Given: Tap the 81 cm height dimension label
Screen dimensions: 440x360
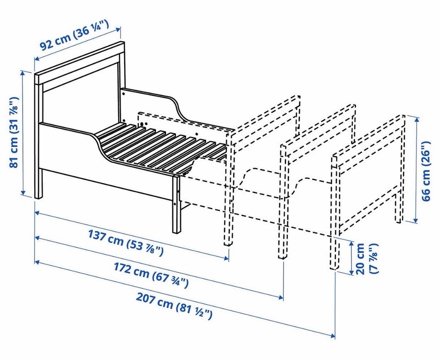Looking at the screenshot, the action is (x=14, y=132).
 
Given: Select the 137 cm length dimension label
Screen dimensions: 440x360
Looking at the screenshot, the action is (x=126, y=243).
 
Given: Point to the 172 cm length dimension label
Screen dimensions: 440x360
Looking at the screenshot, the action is (x=151, y=276).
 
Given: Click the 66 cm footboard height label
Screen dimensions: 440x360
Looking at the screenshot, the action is (x=426, y=171).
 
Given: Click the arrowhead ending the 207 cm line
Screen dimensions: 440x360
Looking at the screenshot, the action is (x=332, y=335).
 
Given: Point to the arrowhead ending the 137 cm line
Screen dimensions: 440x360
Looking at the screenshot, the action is (x=226, y=258).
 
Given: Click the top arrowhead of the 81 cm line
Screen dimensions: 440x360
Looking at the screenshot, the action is (x=23, y=73).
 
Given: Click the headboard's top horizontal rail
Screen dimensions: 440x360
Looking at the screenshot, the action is (x=79, y=63).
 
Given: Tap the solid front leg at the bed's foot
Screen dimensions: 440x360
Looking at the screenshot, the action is (x=176, y=204).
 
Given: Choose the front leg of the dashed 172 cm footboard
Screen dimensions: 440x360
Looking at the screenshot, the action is (x=283, y=202).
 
